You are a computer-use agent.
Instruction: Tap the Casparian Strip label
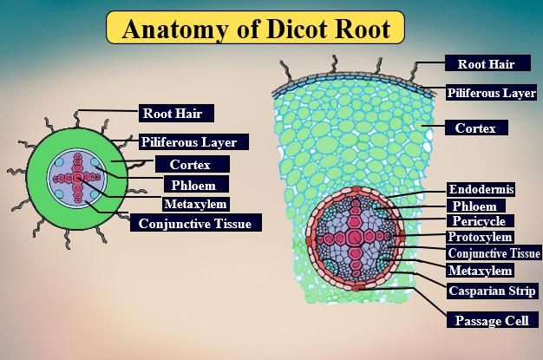tap(492, 290)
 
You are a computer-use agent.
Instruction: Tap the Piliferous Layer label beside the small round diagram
tap(200, 141)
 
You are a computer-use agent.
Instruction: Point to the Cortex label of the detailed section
tap(475, 128)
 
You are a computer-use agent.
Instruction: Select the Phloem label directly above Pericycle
tap(474, 206)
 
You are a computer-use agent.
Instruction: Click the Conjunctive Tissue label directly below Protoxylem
tap(493, 253)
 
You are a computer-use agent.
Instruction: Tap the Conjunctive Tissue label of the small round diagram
tap(195, 224)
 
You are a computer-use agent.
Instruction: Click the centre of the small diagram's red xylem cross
tap(77, 177)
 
